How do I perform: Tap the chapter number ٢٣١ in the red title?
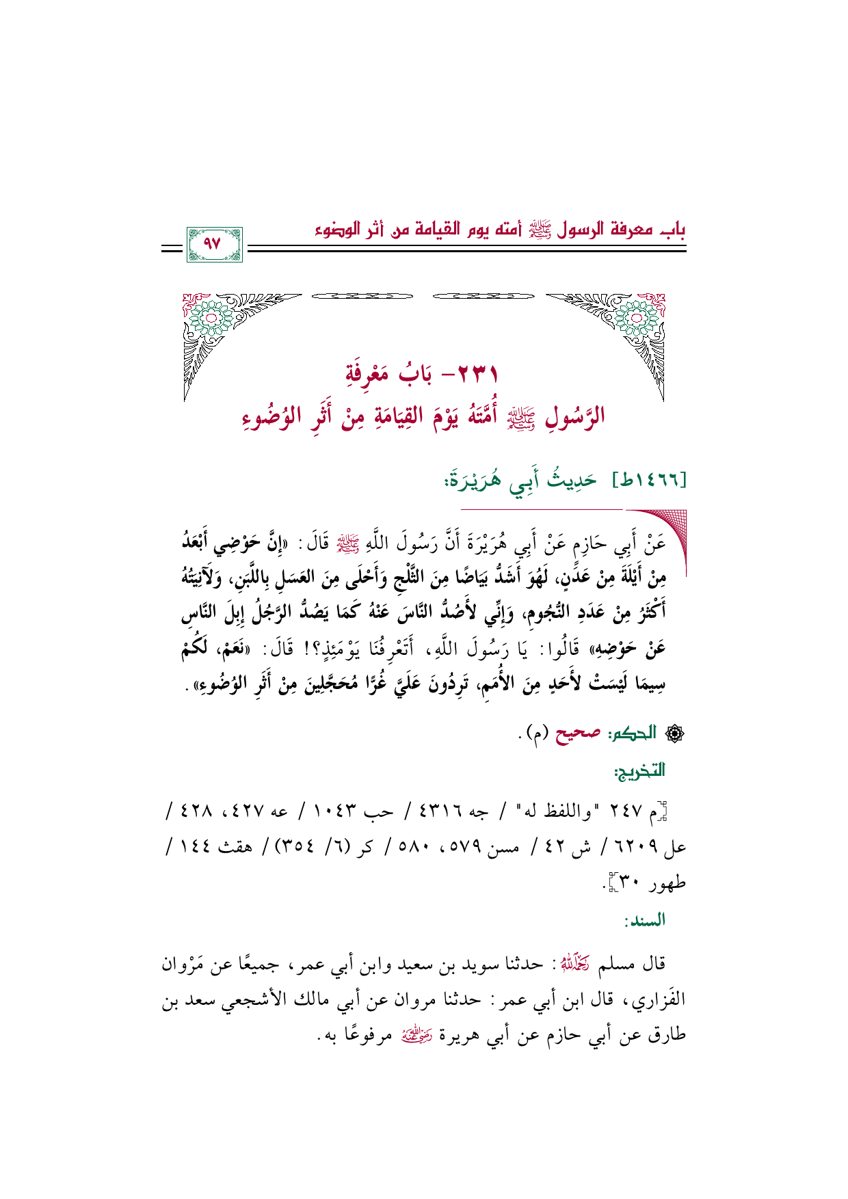(x=476, y=375)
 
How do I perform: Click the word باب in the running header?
(x=672, y=229)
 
